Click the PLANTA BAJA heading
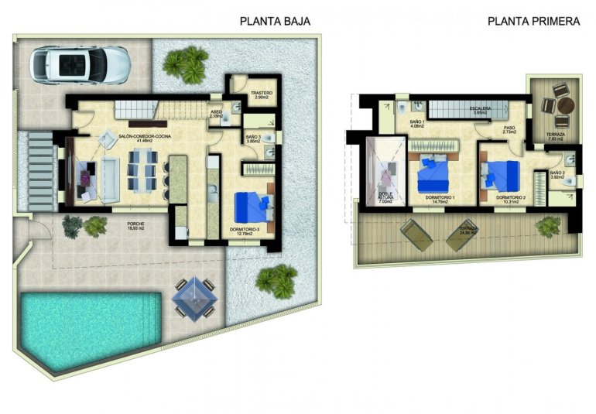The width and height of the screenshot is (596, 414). point(275,22)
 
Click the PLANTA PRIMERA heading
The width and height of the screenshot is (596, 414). point(534,22)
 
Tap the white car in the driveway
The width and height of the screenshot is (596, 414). point(80,63)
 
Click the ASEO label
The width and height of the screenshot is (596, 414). point(217,112)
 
